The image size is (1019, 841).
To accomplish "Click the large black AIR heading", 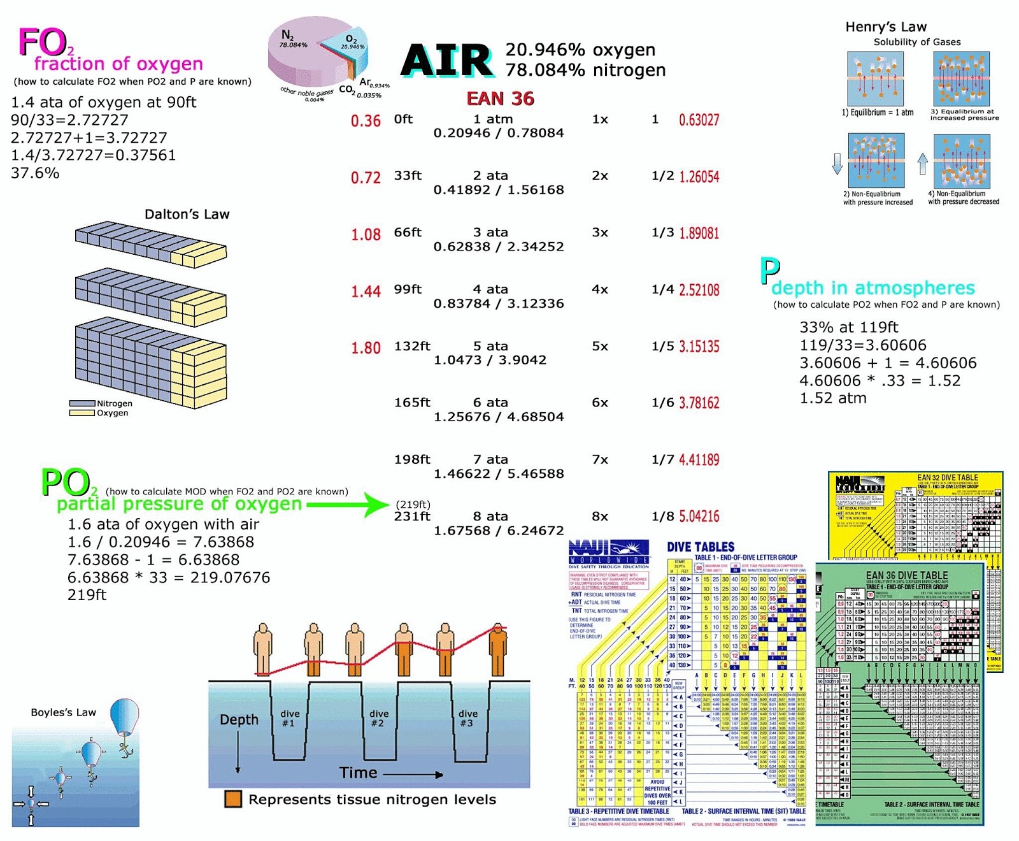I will click(x=447, y=61).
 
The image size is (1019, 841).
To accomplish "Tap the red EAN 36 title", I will click(x=500, y=99).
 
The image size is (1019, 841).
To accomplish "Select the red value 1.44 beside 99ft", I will click(x=366, y=291).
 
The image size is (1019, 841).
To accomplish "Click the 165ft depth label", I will click(x=412, y=403).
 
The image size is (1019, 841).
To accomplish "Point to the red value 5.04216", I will click(x=699, y=516).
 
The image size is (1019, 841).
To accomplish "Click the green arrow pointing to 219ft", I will click(x=347, y=505).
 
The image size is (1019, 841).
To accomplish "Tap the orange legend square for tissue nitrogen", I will click(x=233, y=800).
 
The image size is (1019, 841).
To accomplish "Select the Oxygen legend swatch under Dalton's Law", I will click(x=82, y=413).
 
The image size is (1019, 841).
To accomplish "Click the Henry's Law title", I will click(x=886, y=27).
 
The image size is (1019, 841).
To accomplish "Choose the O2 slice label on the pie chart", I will click(x=352, y=41).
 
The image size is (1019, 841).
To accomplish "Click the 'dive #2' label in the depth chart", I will click(x=378, y=718).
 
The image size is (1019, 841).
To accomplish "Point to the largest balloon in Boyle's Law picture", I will click(x=124, y=717).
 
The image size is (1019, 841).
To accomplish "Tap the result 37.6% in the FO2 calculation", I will click(x=35, y=173).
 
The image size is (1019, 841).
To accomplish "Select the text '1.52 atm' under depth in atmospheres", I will click(x=833, y=398).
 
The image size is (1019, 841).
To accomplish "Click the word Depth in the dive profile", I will click(x=239, y=720).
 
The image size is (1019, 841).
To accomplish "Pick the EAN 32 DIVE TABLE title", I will click(x=947, y=477).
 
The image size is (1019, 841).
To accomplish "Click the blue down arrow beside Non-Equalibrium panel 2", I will click(x=837, y=164).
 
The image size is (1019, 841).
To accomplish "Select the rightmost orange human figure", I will click(x=498, y=650).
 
